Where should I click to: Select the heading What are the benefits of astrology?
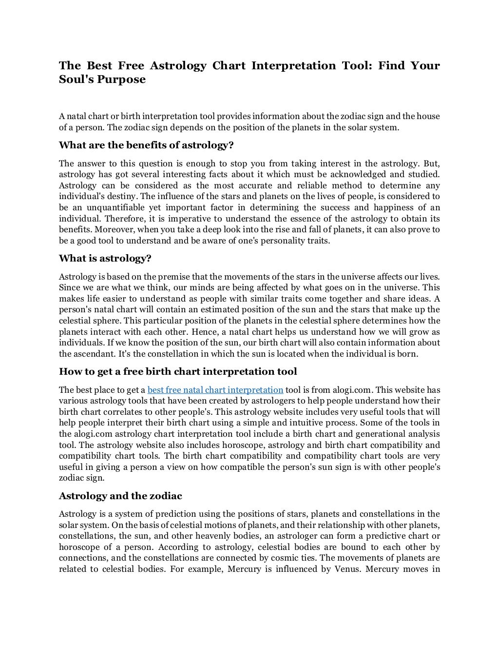pos(146,145)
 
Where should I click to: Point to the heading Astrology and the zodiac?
pos(120,496)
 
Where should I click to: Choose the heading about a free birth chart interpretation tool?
pos(178,372)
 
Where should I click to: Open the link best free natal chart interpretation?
pos(215,390)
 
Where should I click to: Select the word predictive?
pos(392,536)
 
